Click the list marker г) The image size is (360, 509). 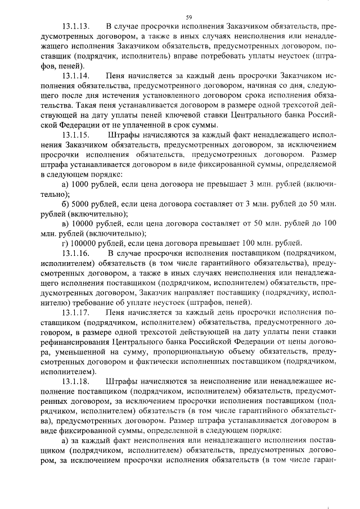64,243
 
